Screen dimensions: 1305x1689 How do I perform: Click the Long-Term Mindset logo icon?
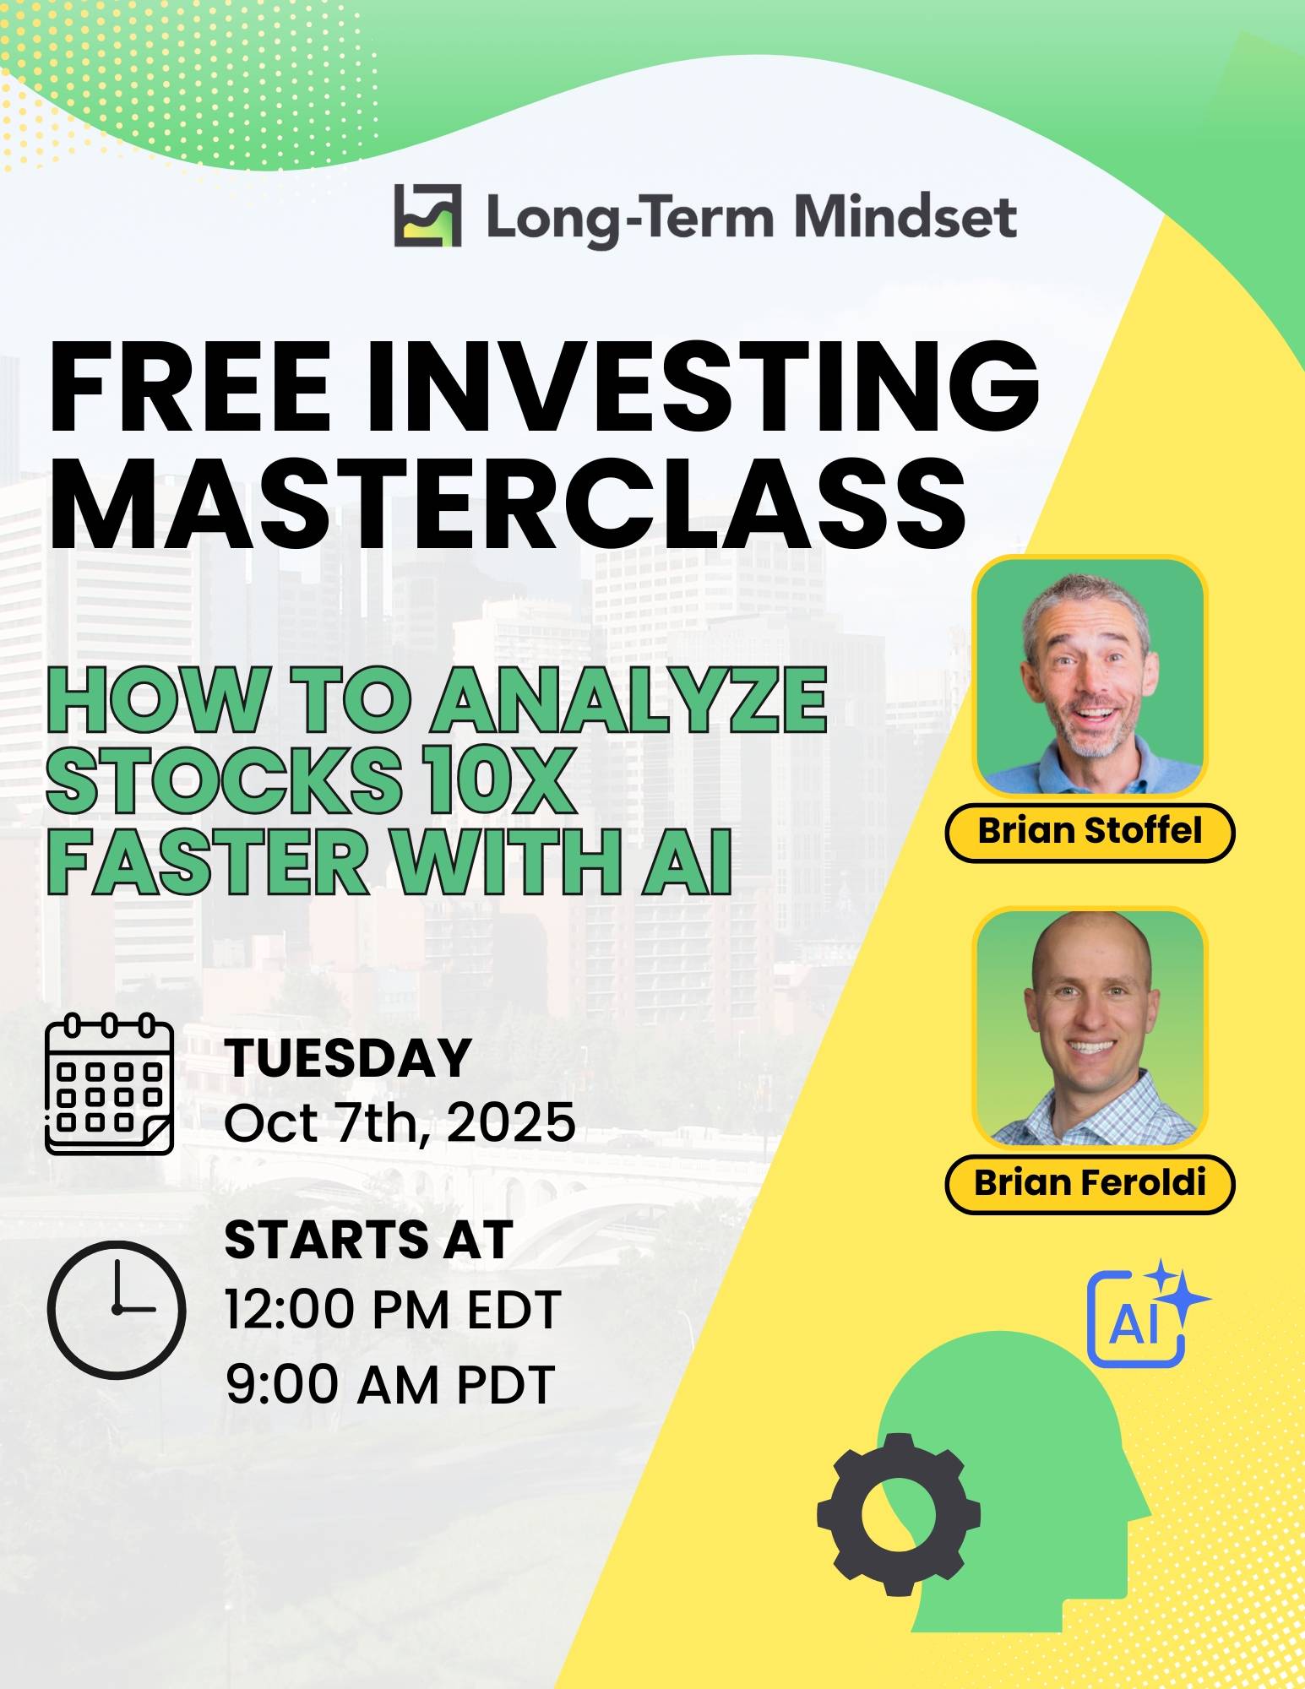click(427, 215)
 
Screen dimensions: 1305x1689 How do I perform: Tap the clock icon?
click(117, 1309)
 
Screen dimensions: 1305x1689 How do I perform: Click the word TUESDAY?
click(347, 1057)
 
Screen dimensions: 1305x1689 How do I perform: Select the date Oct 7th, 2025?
click(400, 1123)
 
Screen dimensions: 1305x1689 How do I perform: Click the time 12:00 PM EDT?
click(393, 1310)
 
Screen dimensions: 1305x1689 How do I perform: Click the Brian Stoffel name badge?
click(1090, 832)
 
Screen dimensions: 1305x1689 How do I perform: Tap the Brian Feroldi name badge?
click(1090, 1183)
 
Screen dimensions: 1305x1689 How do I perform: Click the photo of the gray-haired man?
click(1090, 676)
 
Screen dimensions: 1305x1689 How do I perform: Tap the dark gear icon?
click(899, 1513)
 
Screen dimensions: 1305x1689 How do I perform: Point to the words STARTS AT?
click(369, 1241)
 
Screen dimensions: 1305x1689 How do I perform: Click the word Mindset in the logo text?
click(905, 216)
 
